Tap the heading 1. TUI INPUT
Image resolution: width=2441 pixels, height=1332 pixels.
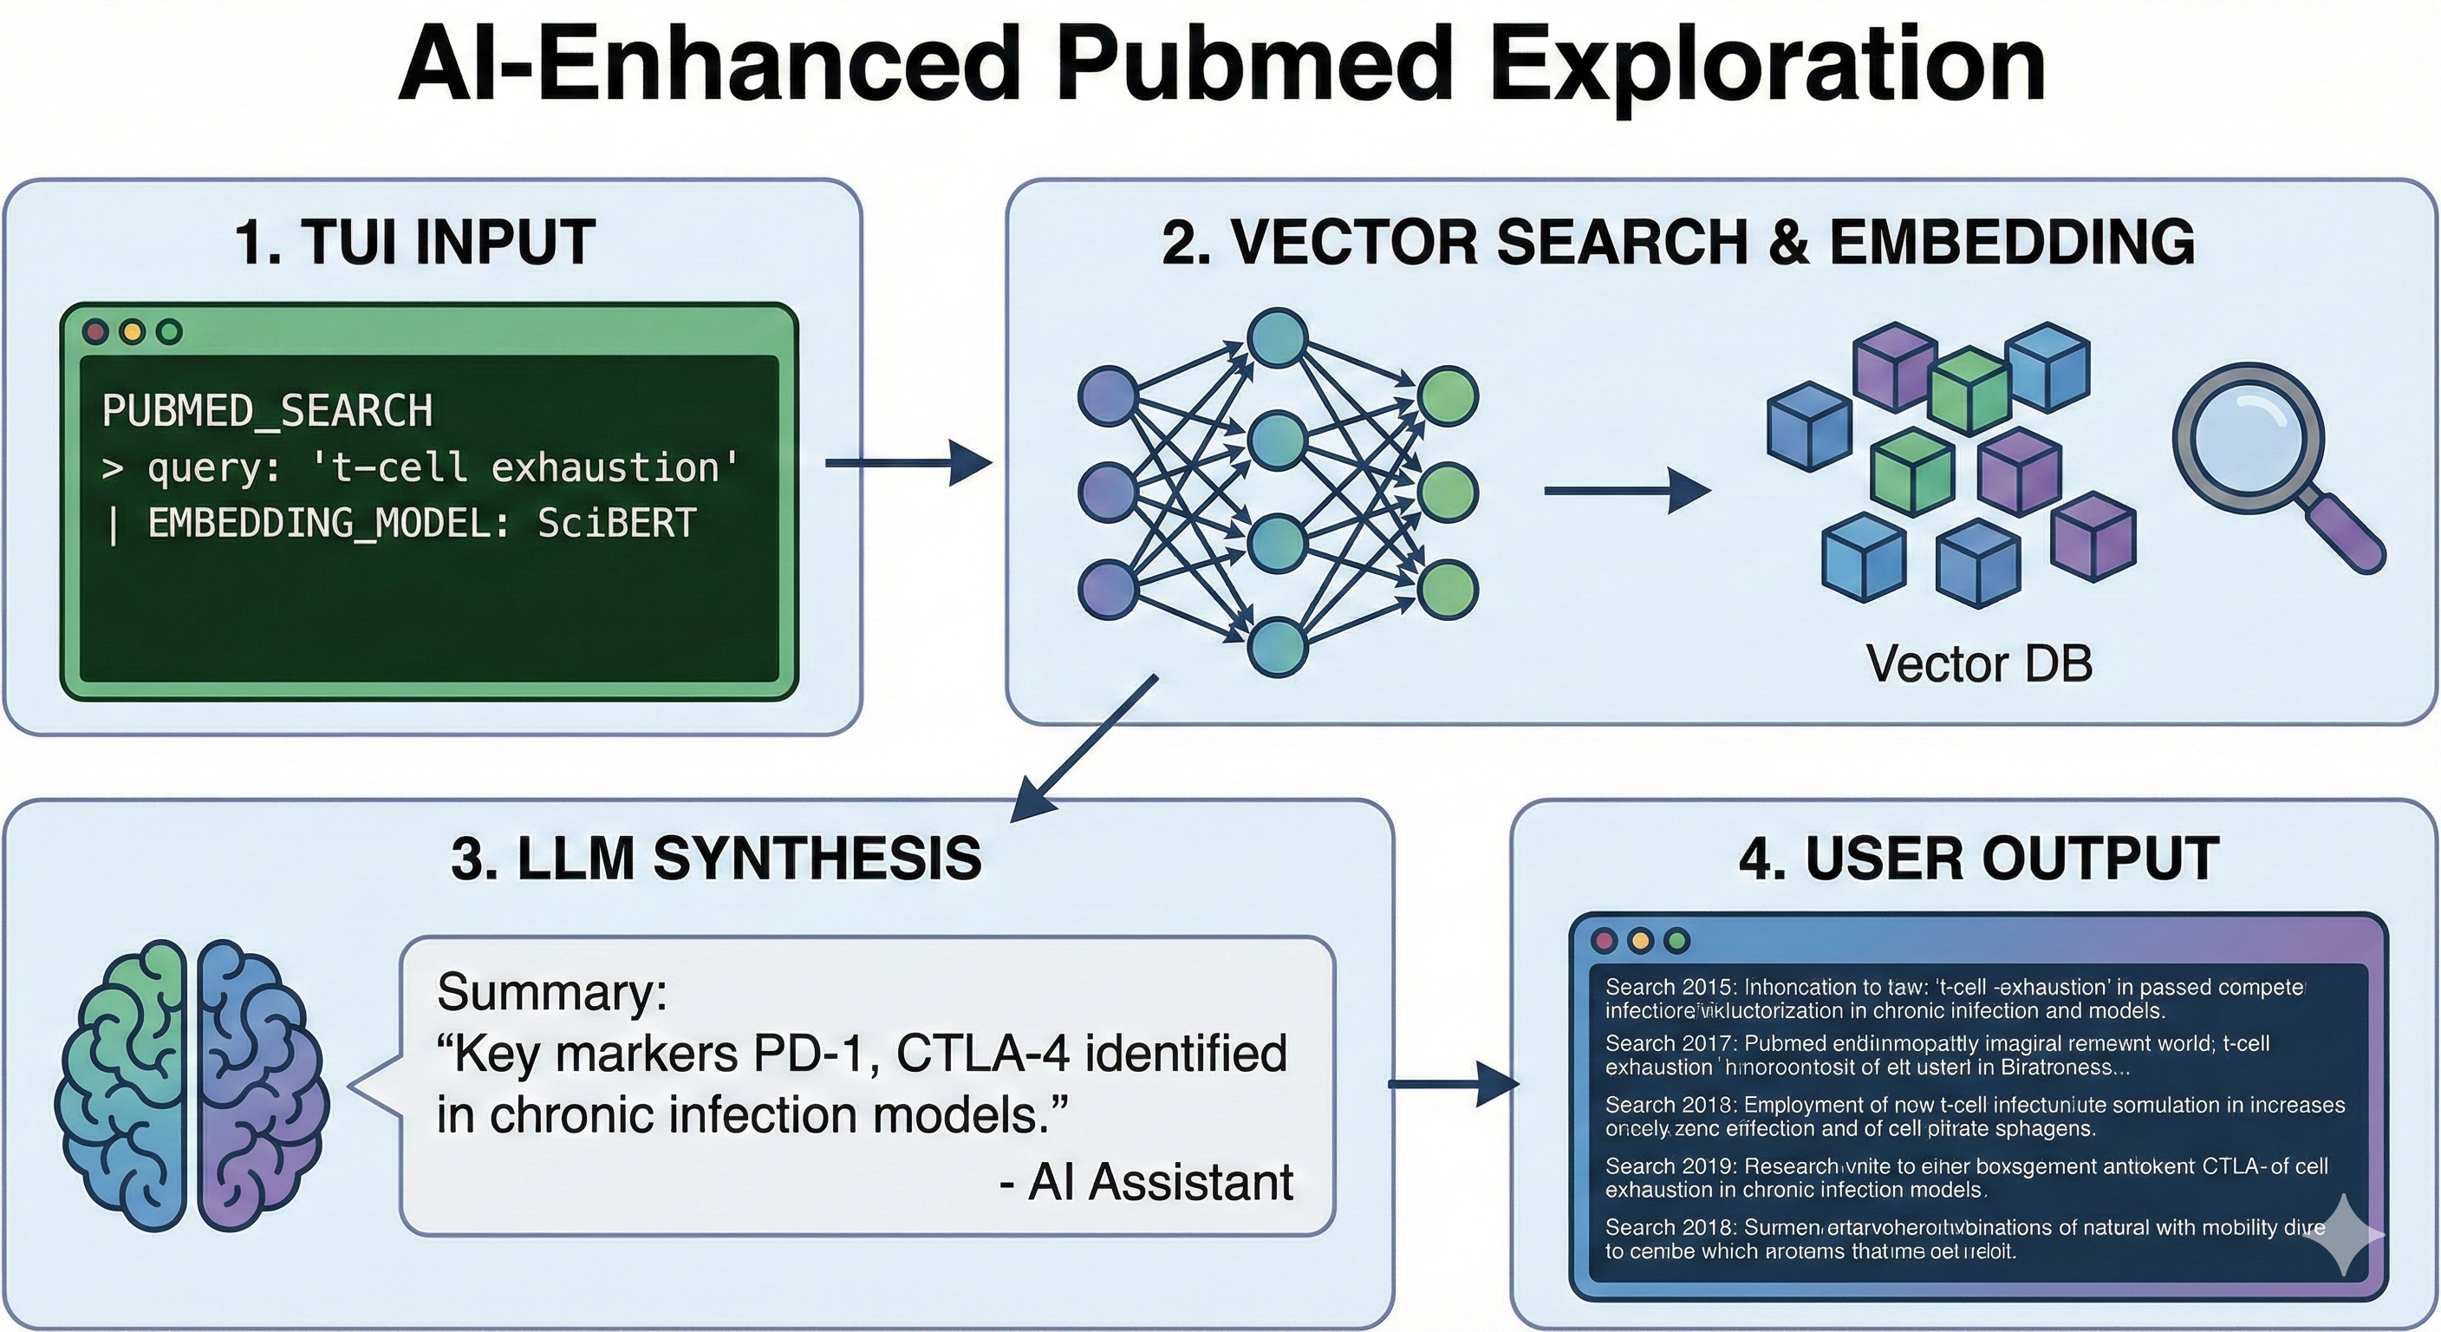[415, 243]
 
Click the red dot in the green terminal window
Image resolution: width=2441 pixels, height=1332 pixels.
[95, 332]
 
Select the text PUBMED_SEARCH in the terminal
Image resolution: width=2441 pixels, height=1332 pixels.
[266, 411]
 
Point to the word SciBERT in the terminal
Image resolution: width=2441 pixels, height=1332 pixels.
[617, 523]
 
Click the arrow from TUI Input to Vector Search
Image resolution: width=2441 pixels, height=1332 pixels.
[908, 463]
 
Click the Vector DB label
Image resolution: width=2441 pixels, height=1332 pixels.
[1979, 663]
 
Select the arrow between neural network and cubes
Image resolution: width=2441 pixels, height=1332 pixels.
[1626, 491]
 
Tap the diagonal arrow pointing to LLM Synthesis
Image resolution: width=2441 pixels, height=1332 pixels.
[1084, 749]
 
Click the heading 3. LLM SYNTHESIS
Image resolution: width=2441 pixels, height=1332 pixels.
[716, 859]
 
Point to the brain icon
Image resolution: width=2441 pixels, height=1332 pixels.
[193, 1087]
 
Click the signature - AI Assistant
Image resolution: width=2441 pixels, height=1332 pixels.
[1147, 1182]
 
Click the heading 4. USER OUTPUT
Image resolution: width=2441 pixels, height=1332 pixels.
[1979, 859]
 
